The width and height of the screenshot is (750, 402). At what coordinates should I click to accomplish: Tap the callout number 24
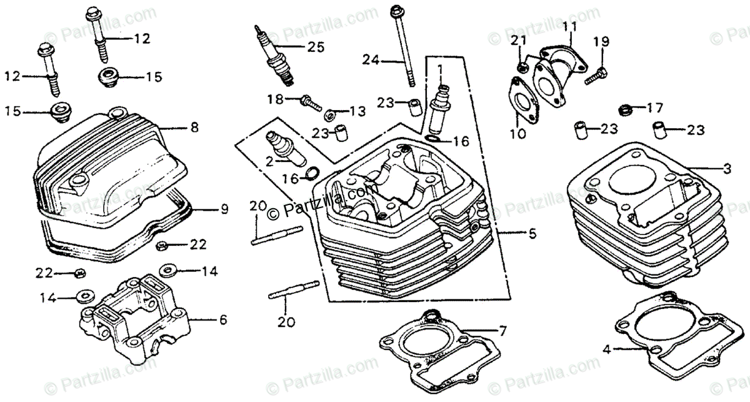point(370,60)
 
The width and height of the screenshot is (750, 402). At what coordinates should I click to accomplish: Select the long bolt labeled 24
point(401,47)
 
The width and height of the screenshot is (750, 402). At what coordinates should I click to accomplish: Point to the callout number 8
point(194,128)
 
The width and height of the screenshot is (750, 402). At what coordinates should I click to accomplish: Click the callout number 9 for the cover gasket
point(224,210)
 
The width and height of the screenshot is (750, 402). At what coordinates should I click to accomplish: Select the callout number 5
point(532,236)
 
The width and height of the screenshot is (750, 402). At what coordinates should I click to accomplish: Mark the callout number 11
point(568,26)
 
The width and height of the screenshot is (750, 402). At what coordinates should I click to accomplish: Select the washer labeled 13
point(329,114)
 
